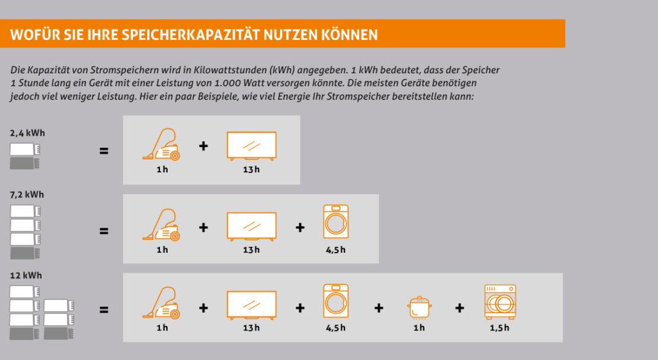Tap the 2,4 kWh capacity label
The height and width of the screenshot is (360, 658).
pos(28,133)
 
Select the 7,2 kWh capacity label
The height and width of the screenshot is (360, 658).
pos(27,194)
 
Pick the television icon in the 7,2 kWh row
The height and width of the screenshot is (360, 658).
pos(251,226)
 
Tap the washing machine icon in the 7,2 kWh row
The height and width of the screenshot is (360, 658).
pos(335,222)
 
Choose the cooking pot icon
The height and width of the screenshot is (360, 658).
pos(418,307)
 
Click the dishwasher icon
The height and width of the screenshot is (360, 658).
pos(500,301)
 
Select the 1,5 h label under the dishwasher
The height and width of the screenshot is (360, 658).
pos(499,328)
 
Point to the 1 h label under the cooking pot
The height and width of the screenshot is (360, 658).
pos(419,328)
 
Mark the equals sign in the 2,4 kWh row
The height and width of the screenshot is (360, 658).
pos(103,152)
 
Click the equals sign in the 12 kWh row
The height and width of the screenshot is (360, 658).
pos(103,310)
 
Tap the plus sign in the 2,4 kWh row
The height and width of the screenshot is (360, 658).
pos(203,147)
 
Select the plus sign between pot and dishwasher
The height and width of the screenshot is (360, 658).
pos(459,308)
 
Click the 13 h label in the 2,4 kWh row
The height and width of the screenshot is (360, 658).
pos(251,170)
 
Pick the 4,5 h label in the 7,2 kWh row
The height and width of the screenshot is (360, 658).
pos(335,249)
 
